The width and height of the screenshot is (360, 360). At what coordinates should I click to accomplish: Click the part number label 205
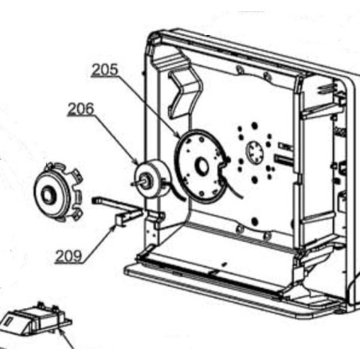click(x=104, y=70)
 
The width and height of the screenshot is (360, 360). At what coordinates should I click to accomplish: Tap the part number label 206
click(x=81, y=109)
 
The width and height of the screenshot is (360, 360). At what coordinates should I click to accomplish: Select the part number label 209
click(x=68, y=256)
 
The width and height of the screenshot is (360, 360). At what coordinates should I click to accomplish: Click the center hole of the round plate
click(x=202, y=166)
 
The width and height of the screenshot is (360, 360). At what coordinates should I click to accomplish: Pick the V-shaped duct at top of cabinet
click(x=184, y=92)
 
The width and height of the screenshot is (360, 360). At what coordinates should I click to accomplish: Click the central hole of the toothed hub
click(x=49, y=196)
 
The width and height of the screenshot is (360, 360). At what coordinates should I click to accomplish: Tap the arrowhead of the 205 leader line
click(x=178, y=135)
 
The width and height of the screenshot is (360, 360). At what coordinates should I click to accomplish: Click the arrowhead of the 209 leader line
click(x=114, y=226)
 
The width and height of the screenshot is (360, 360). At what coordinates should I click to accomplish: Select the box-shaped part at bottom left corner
click(x=35, y=319)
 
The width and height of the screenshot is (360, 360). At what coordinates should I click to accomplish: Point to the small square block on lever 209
click(x=119, y=220)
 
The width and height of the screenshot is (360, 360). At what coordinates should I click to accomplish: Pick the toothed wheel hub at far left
click(x=58, y=192)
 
